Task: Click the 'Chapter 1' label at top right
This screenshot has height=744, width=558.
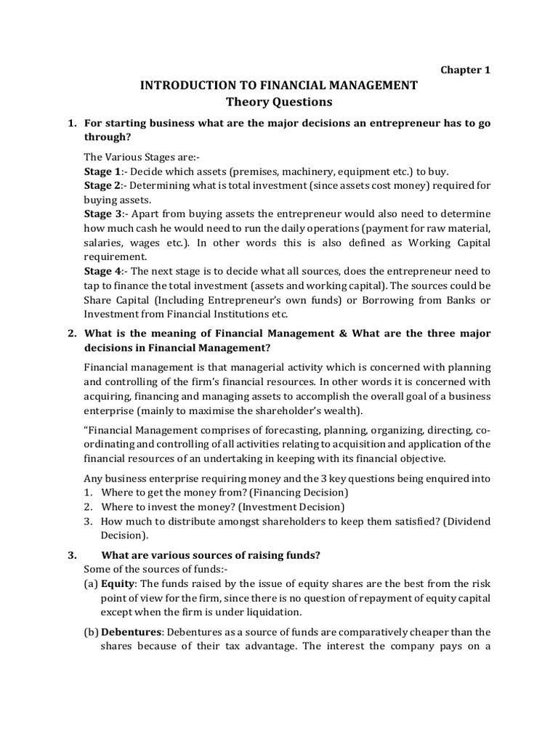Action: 466,70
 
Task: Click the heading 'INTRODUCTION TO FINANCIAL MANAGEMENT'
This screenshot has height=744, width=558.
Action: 279,86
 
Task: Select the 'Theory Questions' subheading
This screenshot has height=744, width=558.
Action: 279,102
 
